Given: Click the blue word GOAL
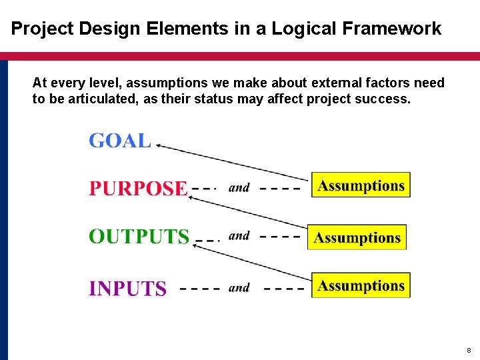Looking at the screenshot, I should pyautogui.click(x=120, y=141).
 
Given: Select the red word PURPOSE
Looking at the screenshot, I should pyautogui.click(x=138, y=189).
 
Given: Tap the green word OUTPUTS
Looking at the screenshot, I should pyautogui.click(x=139, y=237).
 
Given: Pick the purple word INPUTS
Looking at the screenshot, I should pyautogui.click(x=127, y=289).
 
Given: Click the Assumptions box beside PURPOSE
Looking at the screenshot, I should pyautogui.click(x=361, y=185).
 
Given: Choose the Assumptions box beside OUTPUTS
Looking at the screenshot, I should pyautogui.click(x=357, y=237).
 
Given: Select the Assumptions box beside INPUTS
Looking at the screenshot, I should pyautogui.click(x=361, y=285).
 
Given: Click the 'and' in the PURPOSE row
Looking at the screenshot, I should pyautogui.click(x=239, y=188).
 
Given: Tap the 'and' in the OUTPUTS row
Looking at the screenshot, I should pyautogui.click(x=239, y=236).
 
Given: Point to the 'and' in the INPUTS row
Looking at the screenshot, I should pyautogui.click(x=239, y=288).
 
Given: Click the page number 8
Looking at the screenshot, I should pyautogui.click(x=469, y=350).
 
